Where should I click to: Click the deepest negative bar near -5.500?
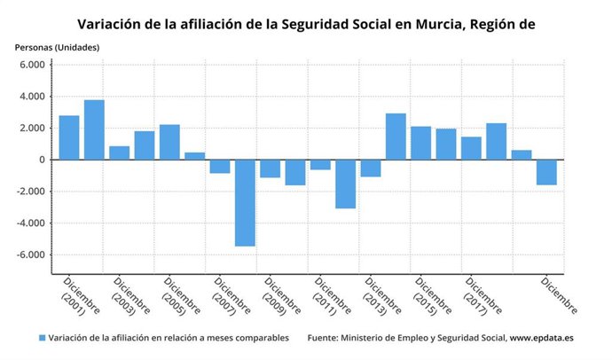pos(245,202)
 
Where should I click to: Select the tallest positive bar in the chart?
pos(94,129)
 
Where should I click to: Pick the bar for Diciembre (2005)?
pos(169,142)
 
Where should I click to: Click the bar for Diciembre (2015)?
pos(420,143)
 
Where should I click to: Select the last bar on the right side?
pos(546,172)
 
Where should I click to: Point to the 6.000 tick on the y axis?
pos(32,65)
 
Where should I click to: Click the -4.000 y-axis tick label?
pos(31,223)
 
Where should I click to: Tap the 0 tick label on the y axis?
pos(42,160)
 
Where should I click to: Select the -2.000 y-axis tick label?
pos(31,192)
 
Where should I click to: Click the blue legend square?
pos(42,338)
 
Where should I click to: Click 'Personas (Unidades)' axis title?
pos(58,46)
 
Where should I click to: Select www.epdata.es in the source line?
pos(545,338)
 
